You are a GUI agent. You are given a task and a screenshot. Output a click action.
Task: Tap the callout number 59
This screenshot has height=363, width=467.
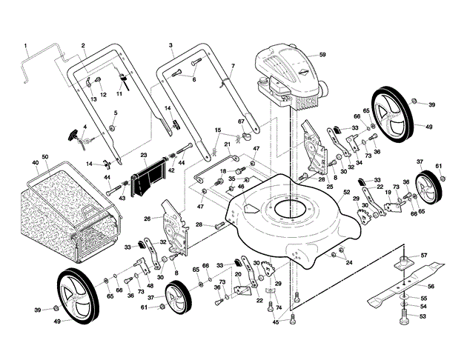coord(322,54)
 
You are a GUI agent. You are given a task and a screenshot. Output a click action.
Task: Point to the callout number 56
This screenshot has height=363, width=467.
coord(431,286)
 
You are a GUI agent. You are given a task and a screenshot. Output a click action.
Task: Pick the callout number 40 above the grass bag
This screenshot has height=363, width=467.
coord(35,162)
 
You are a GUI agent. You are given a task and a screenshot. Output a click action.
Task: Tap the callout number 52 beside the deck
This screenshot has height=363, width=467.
coord(345,193)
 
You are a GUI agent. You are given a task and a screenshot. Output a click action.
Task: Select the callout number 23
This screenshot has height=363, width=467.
coord(144,155)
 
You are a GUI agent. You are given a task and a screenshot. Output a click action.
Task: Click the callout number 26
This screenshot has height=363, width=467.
coord(147,219)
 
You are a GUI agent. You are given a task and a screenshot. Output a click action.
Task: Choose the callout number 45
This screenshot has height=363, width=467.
coord(275,322)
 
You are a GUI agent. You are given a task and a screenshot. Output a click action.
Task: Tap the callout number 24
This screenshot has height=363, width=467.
coord(349,263)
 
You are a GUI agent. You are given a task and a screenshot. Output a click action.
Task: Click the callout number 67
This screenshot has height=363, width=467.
coord(241,121)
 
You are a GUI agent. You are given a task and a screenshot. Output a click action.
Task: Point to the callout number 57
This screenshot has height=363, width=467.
coord(424,256)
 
